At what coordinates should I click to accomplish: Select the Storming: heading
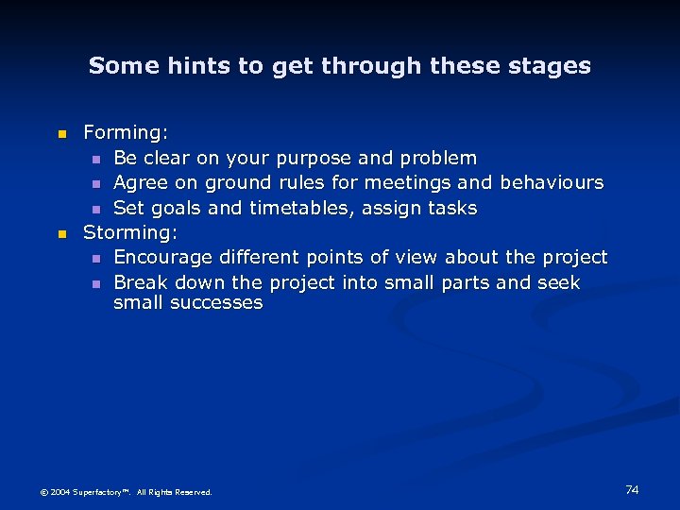pyautogui.click(x=130, y=231)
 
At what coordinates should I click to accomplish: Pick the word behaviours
pyautogui.click(x=552, y=182)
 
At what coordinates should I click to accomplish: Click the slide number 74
pyautogui.click(x=632, y=489)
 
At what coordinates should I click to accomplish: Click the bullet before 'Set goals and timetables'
pyautogui.click(x=95, y=208)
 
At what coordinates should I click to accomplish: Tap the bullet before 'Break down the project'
pyautogui.click(x=95, y=283)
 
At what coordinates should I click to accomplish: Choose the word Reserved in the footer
pyautogui.click(x=193, y=492)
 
